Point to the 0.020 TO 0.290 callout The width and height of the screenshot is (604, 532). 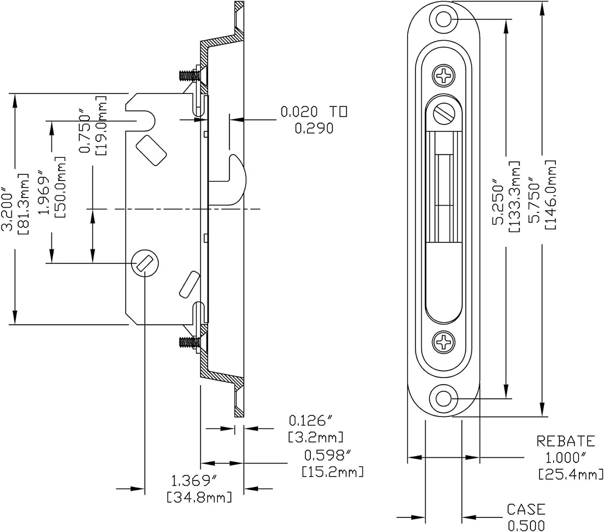pyautogui.click(x=314, y=120)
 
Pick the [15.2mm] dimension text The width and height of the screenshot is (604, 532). pyautogui.click(x=333, y=472)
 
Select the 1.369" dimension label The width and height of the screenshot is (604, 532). pyautogui.click(x=194, y=481)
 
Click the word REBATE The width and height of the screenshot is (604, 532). pyautogui.click(x=565, y=441)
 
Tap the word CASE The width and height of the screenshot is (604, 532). pyautogui.click(x=526, y=509)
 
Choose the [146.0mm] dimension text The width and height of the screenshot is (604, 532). pyautogui.click(x=550, y=195)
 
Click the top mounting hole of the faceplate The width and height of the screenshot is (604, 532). pyautogui.click(x=443, y=19)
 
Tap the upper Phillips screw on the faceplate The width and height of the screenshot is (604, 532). pyautogui.click(x=444, y=75)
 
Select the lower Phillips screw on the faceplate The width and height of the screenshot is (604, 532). pyautogui.click(x=444, y=342)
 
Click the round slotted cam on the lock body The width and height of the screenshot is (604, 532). pyautogui.click(x=145, y=263)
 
